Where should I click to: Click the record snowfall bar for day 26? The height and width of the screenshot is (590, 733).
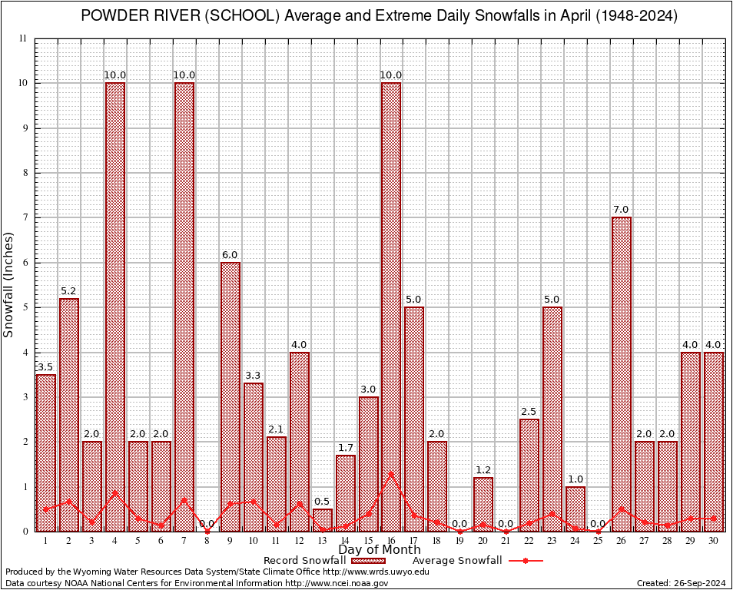[x=622, y=374]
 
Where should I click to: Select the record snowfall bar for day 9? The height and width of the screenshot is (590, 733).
[x=231, y=396]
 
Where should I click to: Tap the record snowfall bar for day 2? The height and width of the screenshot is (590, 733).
[x=69, y=415]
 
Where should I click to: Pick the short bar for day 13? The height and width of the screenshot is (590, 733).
[x=323, y=520]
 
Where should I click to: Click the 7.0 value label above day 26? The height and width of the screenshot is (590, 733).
[x=622, y=210]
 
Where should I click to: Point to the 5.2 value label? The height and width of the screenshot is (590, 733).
[x=69, y=291]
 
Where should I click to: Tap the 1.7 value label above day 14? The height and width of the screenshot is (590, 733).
[x=346, y=448]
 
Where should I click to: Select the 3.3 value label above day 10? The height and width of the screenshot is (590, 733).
[x=254, y=376]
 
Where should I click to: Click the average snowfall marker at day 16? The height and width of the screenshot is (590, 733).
[x=391, y=474]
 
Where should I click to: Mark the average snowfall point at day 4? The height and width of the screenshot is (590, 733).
[x=115, y=493]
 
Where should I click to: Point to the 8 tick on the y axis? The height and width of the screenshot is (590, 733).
[x=24, y=173]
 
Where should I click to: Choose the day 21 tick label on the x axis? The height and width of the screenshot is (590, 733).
[x=506, y=541]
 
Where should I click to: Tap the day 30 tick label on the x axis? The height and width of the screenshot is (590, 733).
[x=714, y=541]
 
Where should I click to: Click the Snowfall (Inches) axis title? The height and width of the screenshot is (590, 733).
[x=9, y=284]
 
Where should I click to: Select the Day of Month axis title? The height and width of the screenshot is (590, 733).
[x=379, y=549]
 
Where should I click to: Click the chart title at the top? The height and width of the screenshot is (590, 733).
[x=380, y=16]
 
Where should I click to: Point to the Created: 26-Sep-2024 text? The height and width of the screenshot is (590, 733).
[x=682, y=583]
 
